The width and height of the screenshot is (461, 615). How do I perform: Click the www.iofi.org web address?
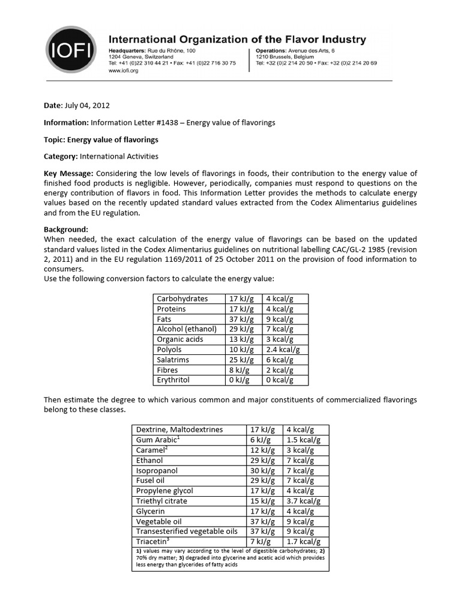pyautogui.click(x=124, y=70)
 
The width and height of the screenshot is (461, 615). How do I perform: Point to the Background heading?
pyautogui.click(x=66, y=229)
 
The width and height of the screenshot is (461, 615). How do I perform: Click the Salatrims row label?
pyautogui.click(x=173, y=360)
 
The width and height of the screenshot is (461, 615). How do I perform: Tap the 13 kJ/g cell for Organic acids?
pyautogui.click(x=242, y=339)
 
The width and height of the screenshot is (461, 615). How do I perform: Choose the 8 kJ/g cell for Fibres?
pyautogui.click(x=240, y=370)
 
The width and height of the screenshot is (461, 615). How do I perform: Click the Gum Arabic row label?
pyautogui.click(x=158, y=440)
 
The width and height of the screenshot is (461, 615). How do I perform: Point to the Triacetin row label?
pyautogui.click(x=154, y=542)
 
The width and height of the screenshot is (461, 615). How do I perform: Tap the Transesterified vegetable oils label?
pyautogui.click(x=187, y=532)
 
